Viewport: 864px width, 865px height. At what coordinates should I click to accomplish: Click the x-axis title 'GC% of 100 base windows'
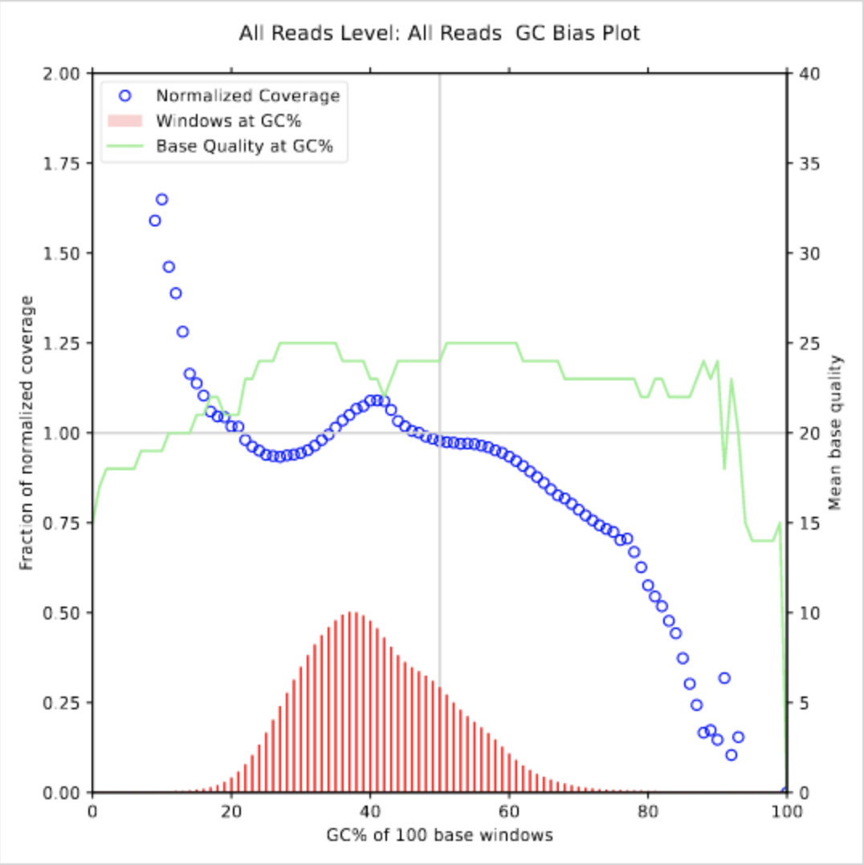pos(439,835)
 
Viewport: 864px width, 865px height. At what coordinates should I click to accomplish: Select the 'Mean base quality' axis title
pos(835,433)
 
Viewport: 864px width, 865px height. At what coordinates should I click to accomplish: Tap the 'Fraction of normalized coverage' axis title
pos(27,433)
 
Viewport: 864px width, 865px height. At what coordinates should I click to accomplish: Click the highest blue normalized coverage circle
pos(161,199)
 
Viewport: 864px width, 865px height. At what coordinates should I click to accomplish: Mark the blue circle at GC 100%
pos(786,792)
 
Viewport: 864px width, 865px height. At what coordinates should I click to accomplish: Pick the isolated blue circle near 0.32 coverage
pos(724,678)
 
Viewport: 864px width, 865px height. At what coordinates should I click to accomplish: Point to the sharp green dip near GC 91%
pos(724,468)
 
